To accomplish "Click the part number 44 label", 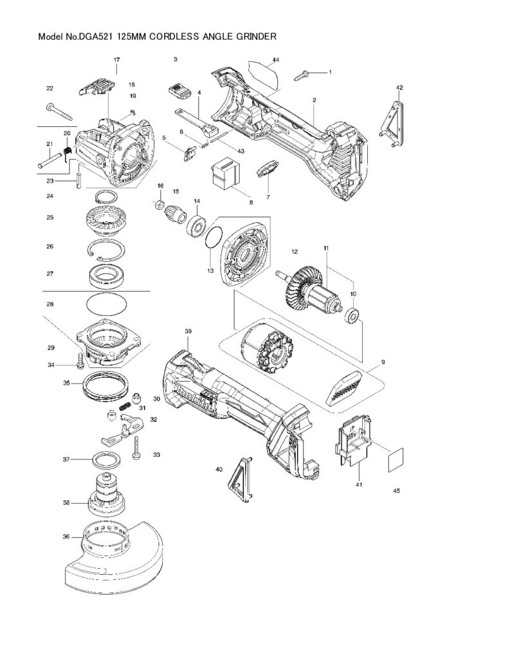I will [275, 60].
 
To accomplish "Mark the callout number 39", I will [188, 331].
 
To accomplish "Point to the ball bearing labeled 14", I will [195, 225].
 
